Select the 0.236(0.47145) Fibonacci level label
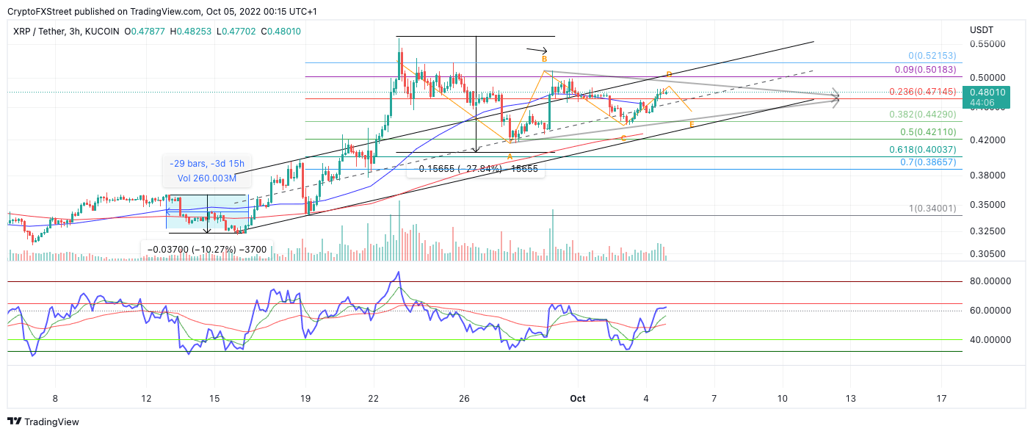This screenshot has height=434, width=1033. click(x=922, y=92)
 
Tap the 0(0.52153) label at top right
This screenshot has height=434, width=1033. click(x=932, y=56)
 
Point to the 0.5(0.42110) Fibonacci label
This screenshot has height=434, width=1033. click(x=928, y=132)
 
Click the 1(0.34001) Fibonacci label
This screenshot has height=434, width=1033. click(x=932, y=209)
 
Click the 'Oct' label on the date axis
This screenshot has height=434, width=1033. click(x=578, y=398)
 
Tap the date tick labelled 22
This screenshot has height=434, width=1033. click(x=374, y=398)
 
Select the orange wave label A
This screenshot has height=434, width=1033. click(x=510, y=156)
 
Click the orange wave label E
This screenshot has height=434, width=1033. click(x=692, y=126)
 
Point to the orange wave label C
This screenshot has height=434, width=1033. click(x=623, y=138)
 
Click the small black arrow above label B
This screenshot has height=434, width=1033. click(x=537, y=50)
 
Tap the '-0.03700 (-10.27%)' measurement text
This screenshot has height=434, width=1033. click(x=206, y=250)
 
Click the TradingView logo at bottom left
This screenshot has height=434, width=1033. click(x=43, y=422)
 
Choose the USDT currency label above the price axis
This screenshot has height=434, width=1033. click(x=981, y=30)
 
